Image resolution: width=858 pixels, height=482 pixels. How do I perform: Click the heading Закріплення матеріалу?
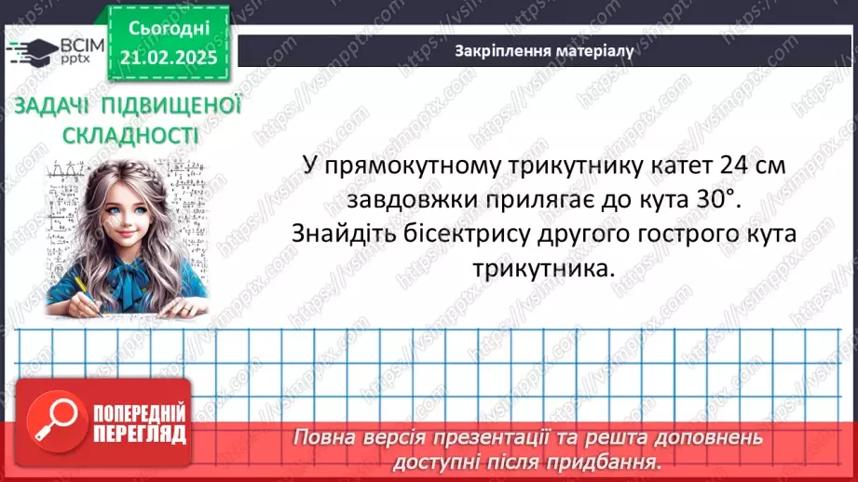click(544, 51)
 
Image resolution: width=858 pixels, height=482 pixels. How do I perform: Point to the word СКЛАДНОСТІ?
click(130, 136)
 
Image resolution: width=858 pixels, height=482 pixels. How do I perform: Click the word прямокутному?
click(404, 166)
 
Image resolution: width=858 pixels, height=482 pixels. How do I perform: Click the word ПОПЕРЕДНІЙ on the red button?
click(137, 413)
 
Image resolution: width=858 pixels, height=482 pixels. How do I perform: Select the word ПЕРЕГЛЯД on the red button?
click(137, 435)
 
